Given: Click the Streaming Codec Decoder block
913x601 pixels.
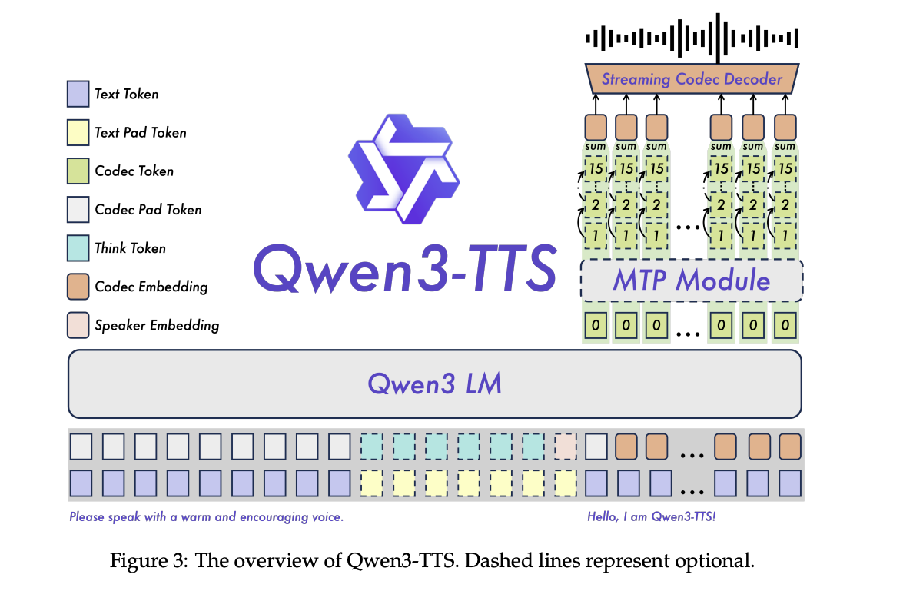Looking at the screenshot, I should click(x=692, y=78).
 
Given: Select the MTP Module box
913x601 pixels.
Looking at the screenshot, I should click(x=692, y=281).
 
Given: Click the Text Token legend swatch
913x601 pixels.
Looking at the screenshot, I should click(x=78, y=94).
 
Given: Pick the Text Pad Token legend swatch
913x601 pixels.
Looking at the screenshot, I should click(x=78, y=132).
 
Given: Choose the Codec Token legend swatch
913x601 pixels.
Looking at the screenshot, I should click(x=78, y=171).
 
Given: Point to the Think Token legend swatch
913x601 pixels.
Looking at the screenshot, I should click(x=78, y=247).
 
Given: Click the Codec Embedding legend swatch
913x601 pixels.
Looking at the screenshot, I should click(x=78, y=286).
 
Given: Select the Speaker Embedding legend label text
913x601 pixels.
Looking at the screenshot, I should click(x=157, y=325).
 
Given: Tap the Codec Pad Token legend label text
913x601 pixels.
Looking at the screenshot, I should click(x=148, y=209).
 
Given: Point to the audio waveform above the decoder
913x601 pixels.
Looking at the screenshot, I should click(x=692, y=38).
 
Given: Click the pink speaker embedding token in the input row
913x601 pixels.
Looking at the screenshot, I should click(x=565, y=447).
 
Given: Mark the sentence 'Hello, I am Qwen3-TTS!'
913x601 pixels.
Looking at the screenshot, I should click(x=651, y=517).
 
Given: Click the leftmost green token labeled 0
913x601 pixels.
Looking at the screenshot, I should click(x=596, y=325).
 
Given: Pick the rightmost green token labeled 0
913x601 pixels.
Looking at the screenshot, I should click(x=785, y=325).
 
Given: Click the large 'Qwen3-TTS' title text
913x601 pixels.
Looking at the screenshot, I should click(x=404, y=268).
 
